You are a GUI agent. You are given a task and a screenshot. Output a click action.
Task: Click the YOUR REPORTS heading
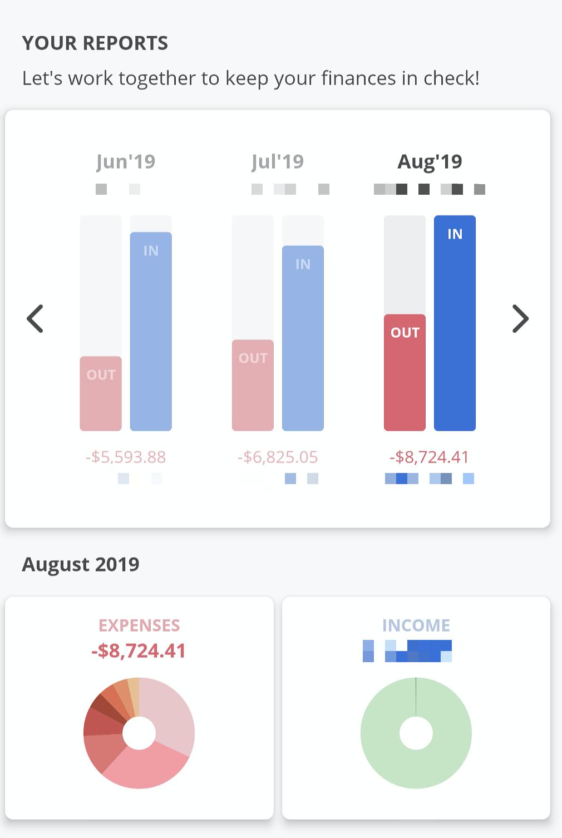95,43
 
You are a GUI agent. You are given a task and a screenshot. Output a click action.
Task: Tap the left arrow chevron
35,319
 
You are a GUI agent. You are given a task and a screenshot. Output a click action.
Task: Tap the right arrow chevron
520,319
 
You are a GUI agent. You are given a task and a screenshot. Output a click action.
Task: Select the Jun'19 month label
126,161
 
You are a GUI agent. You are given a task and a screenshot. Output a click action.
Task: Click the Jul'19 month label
278,161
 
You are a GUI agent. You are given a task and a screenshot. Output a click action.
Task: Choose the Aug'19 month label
430,161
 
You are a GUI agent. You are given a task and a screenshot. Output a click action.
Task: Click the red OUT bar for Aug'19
405,372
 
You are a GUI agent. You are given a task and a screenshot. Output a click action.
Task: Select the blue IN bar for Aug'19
455,323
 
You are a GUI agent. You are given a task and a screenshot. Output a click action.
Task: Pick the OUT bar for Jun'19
101,393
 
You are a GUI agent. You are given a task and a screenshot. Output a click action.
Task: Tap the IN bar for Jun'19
151,331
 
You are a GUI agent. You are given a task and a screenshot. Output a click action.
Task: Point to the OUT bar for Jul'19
253,385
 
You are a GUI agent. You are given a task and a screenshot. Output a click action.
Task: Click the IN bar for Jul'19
303,338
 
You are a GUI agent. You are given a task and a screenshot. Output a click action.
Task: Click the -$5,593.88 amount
126,457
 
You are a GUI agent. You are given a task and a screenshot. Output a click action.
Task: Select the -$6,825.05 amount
278,457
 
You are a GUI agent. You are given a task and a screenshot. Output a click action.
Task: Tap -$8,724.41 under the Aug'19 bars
430,457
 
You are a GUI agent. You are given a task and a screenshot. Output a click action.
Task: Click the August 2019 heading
81,564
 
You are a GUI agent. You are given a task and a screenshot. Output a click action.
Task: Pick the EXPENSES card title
139,625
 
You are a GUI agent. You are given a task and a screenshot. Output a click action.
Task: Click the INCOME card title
416,625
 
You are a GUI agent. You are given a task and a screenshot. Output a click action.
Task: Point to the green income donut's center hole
416,733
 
